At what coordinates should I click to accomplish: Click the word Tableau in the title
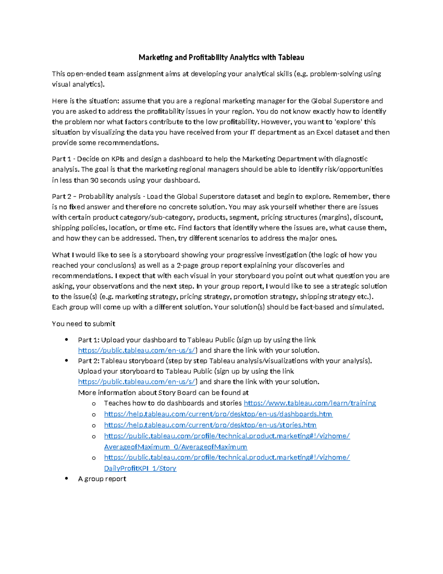291,57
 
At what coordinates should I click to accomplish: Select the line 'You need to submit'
83,324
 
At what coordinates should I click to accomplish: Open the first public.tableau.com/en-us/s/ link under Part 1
137,350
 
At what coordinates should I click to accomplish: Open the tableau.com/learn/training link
310,403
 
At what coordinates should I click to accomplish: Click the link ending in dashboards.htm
218,414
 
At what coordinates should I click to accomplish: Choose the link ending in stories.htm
210,425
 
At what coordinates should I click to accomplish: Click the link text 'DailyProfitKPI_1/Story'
140,468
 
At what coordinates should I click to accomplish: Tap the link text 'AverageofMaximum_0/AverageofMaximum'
175,447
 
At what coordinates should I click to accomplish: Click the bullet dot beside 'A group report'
66,478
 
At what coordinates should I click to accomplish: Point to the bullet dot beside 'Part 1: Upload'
66,340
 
